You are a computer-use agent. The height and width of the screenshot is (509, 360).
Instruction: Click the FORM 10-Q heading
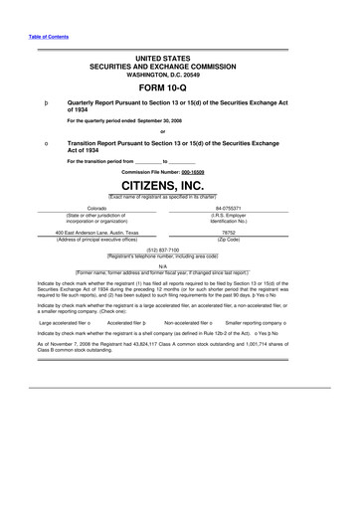pyautogui.click(x=181, y=87)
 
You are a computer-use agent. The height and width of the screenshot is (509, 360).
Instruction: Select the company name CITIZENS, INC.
pyautogui.click(x=181, y=187)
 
